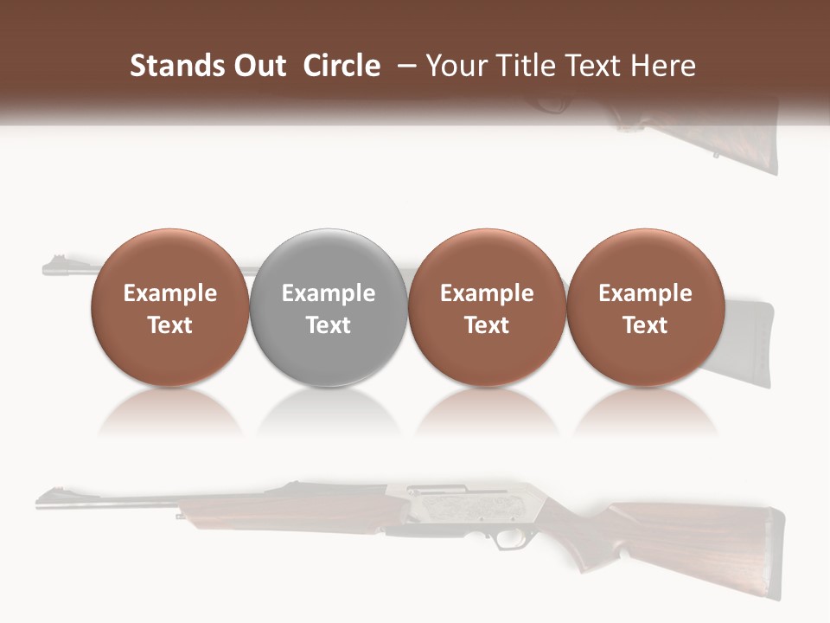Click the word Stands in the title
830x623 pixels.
coord(176,66)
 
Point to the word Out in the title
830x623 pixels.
coord(259,66)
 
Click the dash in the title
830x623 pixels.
coord(403,66)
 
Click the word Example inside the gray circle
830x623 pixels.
coord(329,293)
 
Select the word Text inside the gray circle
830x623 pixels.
coord(329,325)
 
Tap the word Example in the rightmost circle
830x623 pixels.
coord(645,293)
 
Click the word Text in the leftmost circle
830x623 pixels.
coord(170,325)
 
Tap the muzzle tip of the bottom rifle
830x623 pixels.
coord(40,498)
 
